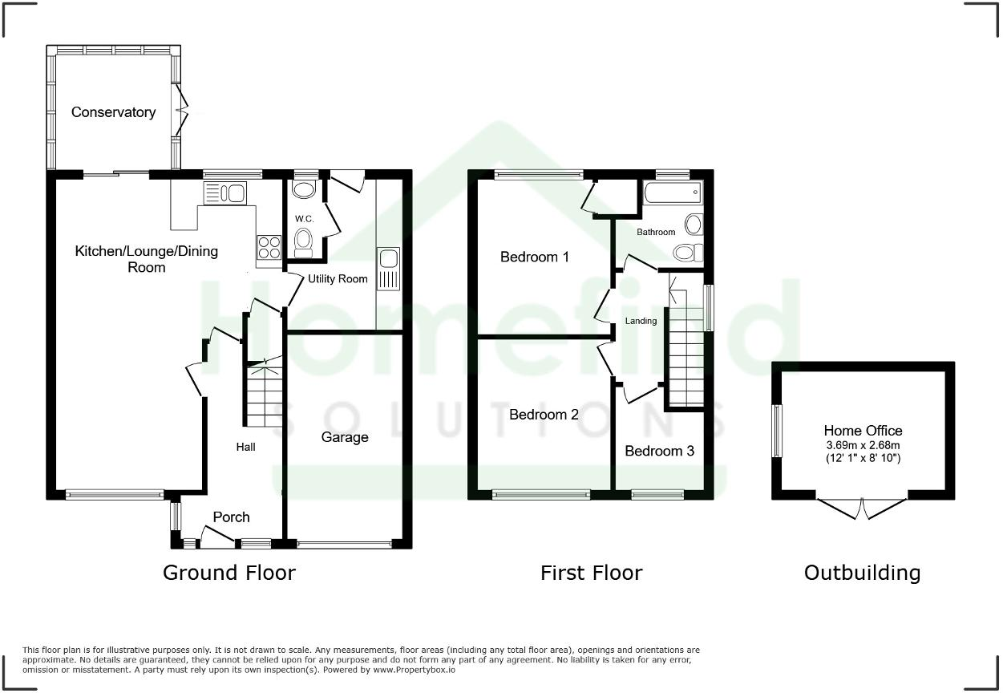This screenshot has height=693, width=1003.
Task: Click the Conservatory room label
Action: (x=113, y=112)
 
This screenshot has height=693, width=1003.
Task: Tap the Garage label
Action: (x=345, y=437)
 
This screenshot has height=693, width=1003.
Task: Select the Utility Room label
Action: (x=338, y=279)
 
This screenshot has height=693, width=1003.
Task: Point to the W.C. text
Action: (x=304, y=219)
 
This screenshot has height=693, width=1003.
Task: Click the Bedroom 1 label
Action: (x=534, y=257)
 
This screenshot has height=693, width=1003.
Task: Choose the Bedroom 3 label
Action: (x=659, y=451)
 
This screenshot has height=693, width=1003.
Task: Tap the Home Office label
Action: (x=863, y=431)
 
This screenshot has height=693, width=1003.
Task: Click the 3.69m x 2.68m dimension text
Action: (x=863, y=444)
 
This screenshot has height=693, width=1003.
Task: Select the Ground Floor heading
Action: (x=229, y=573)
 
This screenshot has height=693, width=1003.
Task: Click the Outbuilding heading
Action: (x=862, y=573)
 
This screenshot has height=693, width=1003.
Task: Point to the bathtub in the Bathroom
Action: (x=671, y=192)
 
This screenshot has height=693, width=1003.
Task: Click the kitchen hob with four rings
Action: (x=268, y=246)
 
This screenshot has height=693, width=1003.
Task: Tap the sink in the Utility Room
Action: (x=389, y=269)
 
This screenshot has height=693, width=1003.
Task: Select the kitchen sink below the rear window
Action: (x=227, y=193)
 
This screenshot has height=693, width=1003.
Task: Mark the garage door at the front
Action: (x=345, y=545)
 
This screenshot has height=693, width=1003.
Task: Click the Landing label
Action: (x=641, y=321)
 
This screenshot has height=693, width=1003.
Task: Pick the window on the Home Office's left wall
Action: (x=776, y=431)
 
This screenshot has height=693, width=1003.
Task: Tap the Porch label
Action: (x=231, y=517)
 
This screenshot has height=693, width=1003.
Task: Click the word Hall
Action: (x=245, y=447)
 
